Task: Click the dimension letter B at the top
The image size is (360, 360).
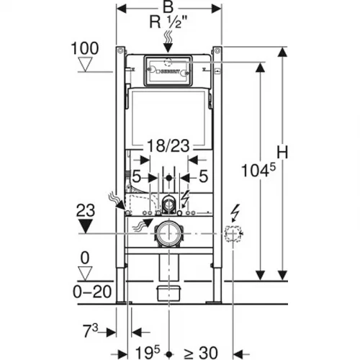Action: click(168, 8)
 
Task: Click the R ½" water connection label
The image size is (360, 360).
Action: click(168, 22)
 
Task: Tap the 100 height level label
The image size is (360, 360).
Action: click(85, 48)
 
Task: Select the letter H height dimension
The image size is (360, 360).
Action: click(282, 152)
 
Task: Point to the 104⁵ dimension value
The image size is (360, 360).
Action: click(258, 170)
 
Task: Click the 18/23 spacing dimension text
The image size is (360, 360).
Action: click(168, 146)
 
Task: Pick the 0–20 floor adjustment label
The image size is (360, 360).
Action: click(92, 292)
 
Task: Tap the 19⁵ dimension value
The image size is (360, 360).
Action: click(148, 352)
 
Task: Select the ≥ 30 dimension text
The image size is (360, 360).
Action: click(201, 353)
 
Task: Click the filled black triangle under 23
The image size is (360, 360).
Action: click(86, 227)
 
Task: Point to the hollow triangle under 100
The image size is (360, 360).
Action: click(86, 64)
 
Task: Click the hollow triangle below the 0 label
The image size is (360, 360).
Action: click(86, 274)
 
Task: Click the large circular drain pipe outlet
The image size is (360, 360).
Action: click(169, 233)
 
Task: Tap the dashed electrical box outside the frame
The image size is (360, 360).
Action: click(233, 233)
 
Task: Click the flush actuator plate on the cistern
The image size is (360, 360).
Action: click(168, 71)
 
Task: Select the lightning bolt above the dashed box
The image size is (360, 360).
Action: click(236, 213)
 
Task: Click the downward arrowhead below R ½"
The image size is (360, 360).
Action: click(168, 48)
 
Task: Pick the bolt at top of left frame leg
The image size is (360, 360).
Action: click(120, 51)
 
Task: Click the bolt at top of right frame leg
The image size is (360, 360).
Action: click(217, 51)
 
